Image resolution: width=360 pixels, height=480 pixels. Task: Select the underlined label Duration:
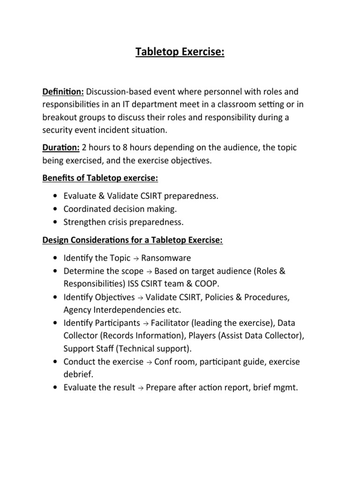point(61,148)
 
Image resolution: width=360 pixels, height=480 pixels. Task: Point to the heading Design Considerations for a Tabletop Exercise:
point(133,240)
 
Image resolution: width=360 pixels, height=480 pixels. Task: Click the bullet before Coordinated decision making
point(56,209)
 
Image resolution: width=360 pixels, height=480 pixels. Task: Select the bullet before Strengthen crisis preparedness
point(56,222)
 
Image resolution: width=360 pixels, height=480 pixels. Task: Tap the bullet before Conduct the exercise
point(56,362)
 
